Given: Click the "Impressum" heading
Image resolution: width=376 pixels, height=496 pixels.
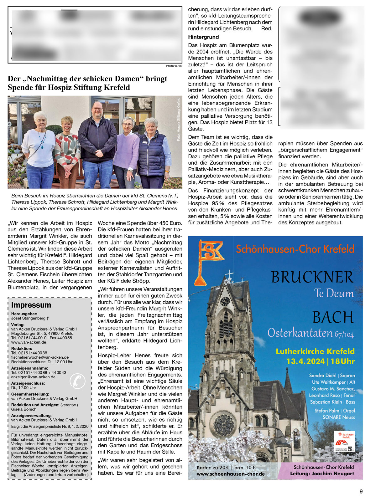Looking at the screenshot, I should pos(31,305).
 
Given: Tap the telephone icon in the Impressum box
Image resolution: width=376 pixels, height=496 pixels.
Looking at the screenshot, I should pos(77,381).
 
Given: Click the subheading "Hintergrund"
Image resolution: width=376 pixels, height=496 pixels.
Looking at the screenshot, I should pos(203,37).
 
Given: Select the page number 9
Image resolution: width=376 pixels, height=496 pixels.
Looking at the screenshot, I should pos(361,491).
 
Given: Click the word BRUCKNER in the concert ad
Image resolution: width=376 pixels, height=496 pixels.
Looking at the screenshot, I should pos(312,277).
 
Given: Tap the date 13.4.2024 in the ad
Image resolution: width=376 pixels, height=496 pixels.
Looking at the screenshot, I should pos(305,361).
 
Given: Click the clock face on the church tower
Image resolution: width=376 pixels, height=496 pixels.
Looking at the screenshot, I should pos(225,301).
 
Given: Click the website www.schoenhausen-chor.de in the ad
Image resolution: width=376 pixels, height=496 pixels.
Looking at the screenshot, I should pos(231,474).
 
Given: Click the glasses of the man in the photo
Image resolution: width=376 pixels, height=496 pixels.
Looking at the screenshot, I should pos(97,109).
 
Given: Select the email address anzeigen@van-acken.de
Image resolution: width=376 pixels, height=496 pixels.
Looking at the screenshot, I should pos(33,377).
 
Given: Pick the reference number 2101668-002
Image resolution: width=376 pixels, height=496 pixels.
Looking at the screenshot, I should pos(174,66).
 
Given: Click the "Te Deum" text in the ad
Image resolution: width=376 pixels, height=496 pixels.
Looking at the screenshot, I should pos(334,294).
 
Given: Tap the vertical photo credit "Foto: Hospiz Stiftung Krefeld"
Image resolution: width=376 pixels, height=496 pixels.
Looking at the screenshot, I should pos(179,119).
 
